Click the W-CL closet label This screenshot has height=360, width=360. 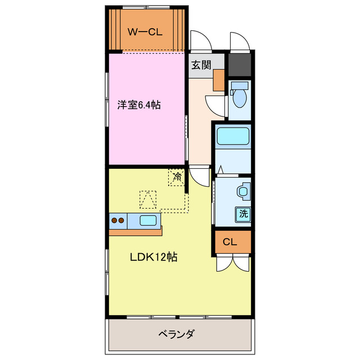[145, 32]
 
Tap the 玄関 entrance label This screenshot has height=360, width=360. [201, 65]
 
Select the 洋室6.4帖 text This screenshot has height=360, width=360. [139, 105]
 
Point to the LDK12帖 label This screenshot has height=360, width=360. [154, 257]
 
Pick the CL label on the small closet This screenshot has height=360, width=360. [228, 242]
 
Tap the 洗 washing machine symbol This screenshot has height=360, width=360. [243, 214]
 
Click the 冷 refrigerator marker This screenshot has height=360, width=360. [177, 178]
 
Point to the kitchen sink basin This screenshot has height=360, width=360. [148, 220]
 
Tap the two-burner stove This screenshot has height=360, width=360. [118, 220]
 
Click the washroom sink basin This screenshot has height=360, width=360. [244, 191]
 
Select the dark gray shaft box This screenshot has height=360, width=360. [240, 64]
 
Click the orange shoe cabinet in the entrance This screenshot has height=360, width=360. [218, 79]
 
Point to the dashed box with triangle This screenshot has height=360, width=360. [149, 199]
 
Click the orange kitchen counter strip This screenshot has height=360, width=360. [135, 232]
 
